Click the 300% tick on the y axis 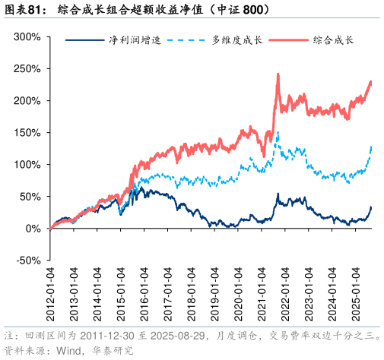[27, 36]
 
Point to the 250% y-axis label [27, 68]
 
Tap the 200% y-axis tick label [27, 100]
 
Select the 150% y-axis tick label [27, 132]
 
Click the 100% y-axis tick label [27, 164]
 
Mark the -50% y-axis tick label [27, 261]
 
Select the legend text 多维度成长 [236, 39]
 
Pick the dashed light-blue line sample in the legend [186, 39]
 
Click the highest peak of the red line [278, 74]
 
